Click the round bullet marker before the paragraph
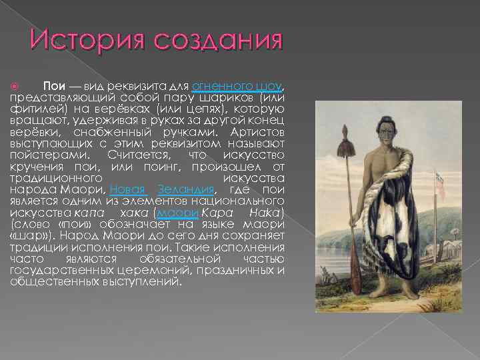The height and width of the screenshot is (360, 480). (16, 87)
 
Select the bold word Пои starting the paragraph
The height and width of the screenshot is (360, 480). (54, 87)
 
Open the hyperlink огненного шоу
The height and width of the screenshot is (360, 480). (237, 87)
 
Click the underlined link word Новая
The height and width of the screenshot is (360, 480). (127, 189)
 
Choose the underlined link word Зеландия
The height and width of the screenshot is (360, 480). (185, 189)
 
